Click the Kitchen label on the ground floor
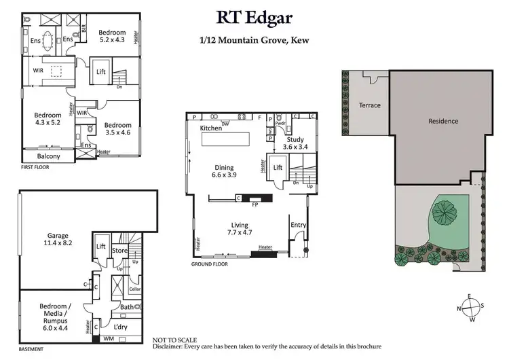coord(212,128)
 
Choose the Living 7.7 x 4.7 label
coord(239,229)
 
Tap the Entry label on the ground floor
coord(298,225)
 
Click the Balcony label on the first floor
coord(48,156)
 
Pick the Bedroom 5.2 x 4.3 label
coord(112,36)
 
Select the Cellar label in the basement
coord(134,289)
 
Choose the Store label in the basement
coord(120,250)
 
